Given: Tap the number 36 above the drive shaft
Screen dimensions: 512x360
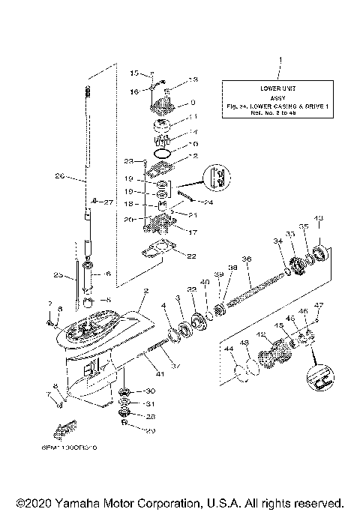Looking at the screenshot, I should tap(247, 259).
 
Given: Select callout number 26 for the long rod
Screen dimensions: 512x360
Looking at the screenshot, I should tap(61, 178).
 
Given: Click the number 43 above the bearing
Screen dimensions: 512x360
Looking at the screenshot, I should tap(319, 218).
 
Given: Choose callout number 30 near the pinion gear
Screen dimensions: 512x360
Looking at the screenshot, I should tap(149, 391).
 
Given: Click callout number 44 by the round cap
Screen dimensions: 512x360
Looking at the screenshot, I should tap(227, 350).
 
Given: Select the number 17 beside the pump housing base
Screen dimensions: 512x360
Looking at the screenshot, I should tap(171, 232).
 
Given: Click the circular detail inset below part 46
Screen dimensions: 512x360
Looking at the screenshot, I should tap(319, 374).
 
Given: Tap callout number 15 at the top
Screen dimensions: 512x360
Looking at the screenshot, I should tap(134, 73).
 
